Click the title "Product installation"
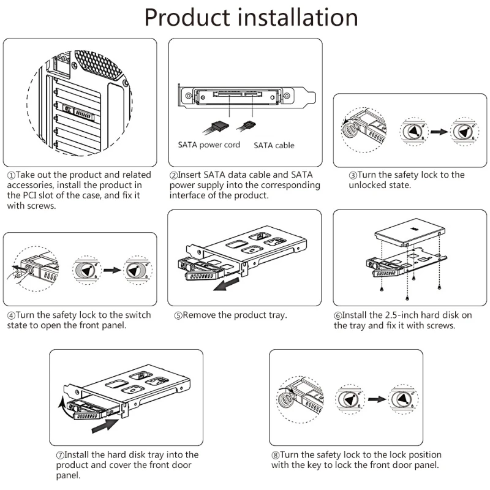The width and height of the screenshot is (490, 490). tap(251, 18)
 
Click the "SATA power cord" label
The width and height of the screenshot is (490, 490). tap(209, 146)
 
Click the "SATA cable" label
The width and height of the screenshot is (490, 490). tap(274, 146)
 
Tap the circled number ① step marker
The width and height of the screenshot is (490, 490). tap(10, 175)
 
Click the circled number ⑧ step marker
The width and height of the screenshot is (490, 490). tap(276, 455)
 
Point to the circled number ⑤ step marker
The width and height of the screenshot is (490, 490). tap(178, 315)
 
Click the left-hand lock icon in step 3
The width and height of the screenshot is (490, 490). tap(413, 132)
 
